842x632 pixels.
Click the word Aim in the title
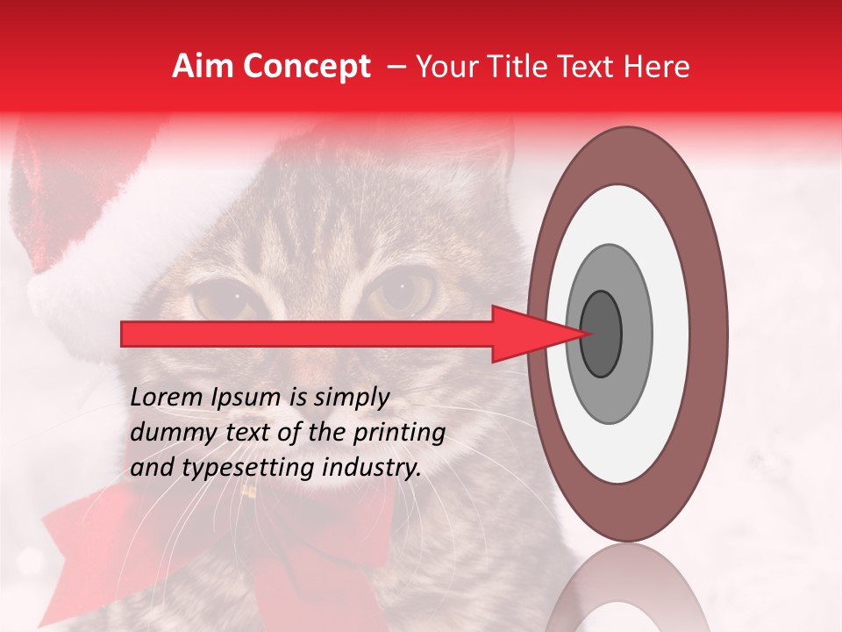click(x=200, y=67)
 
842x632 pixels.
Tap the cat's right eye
click(x=403, y=294)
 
